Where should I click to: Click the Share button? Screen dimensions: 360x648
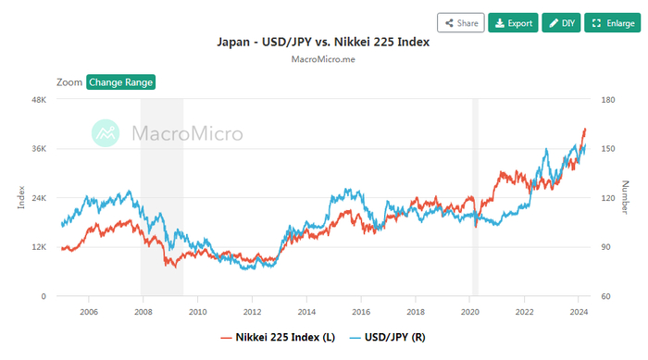(460, 22)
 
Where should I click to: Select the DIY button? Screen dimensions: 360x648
(561, 22)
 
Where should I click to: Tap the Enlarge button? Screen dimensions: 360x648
(612, 22)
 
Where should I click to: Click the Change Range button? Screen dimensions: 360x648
(120, 81)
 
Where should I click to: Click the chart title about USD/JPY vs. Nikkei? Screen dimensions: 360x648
(323, 43)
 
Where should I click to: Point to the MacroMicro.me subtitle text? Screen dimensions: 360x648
(323, 59)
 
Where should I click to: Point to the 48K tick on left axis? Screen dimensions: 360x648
(39, 99)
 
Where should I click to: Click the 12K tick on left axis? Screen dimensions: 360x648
(39, 247)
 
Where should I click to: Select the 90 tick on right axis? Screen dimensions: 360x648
(602, 247)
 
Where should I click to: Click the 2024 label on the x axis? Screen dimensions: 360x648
(579, 312)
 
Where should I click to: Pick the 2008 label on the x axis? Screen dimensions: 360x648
(143, 312)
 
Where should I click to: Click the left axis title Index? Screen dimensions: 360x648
(20, 197)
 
